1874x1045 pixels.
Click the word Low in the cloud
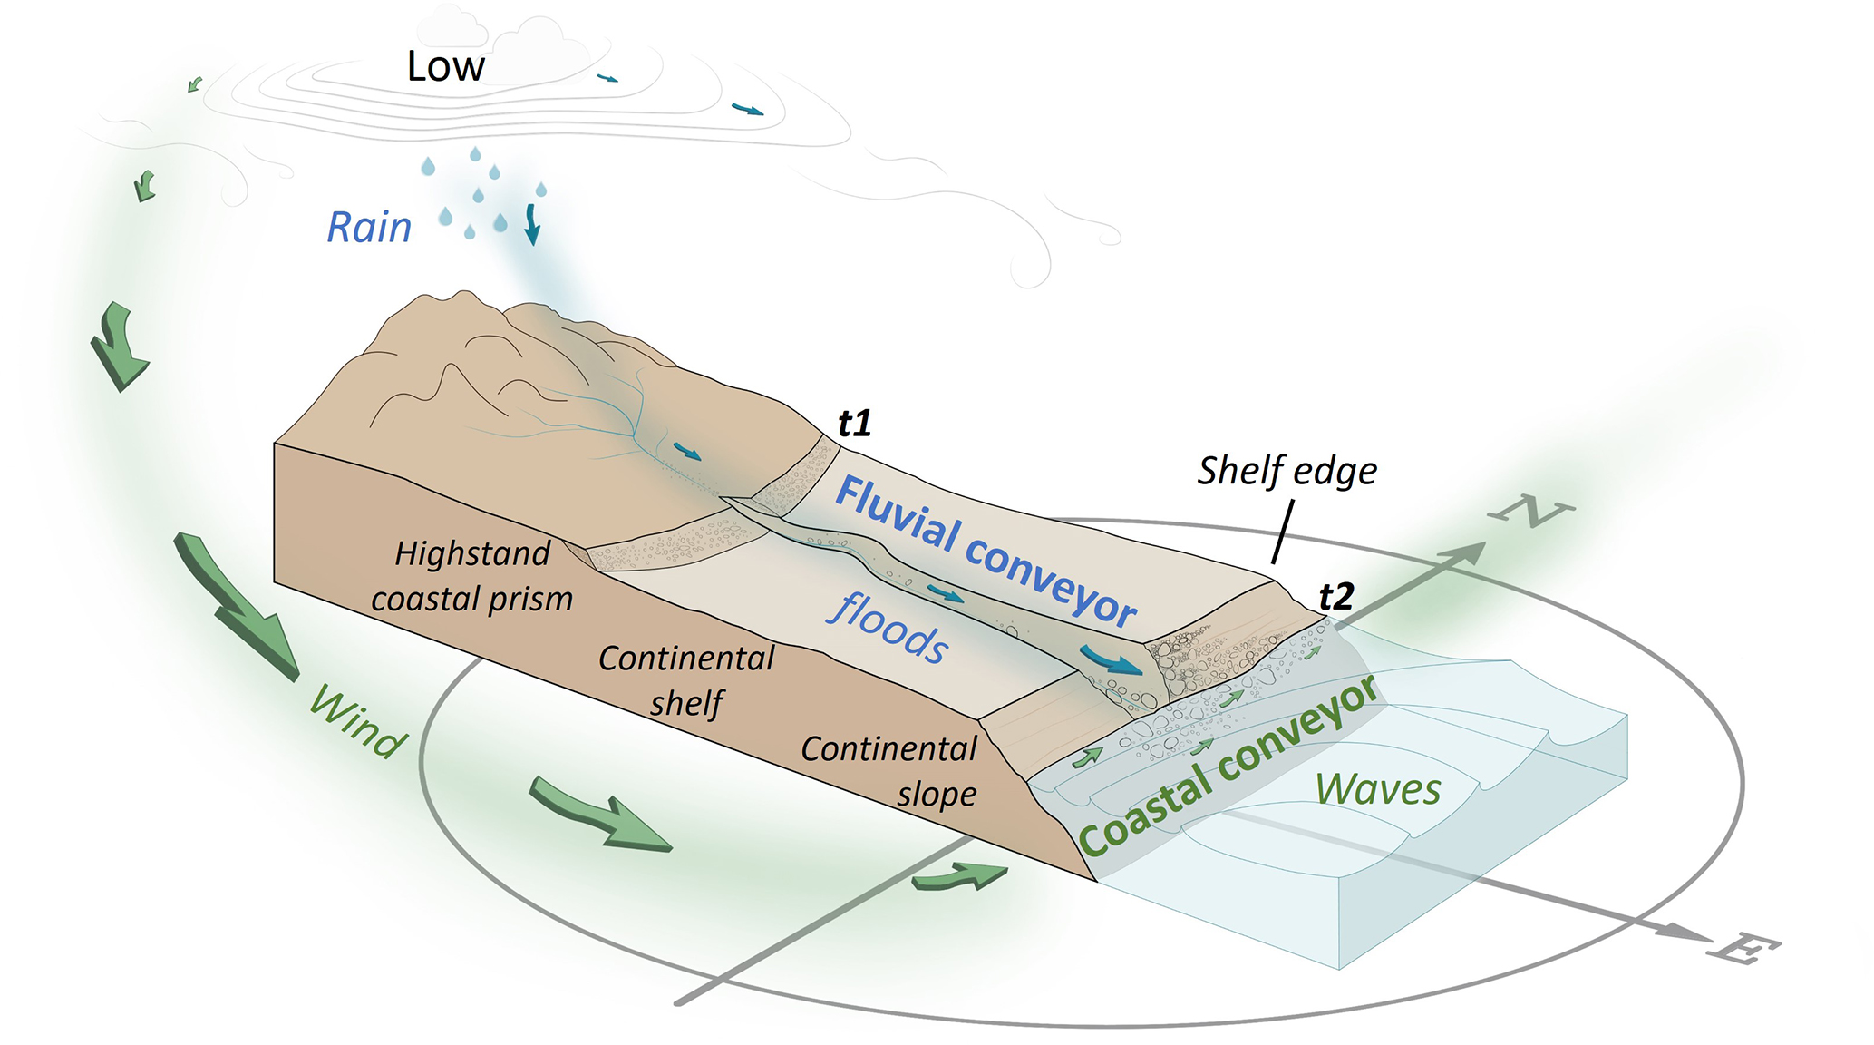point(445,66)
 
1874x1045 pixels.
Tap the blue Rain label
point(369,228)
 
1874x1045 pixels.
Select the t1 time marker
point(854,424)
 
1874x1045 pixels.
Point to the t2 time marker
point(1336,597)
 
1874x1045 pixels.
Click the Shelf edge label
point(1287,472)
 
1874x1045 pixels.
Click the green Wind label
point(358,722)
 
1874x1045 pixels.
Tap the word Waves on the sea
point(1378,789)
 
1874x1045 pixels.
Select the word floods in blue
point(888,627)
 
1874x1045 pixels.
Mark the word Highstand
point(472,553)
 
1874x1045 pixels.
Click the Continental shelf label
point(686,680)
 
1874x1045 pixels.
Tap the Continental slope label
point(889,771)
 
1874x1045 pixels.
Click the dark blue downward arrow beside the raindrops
point(532,224)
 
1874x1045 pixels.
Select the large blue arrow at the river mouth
point(1112,661)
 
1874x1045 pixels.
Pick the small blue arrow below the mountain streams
point(688,451)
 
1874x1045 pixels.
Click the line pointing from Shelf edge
point(1283,532)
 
